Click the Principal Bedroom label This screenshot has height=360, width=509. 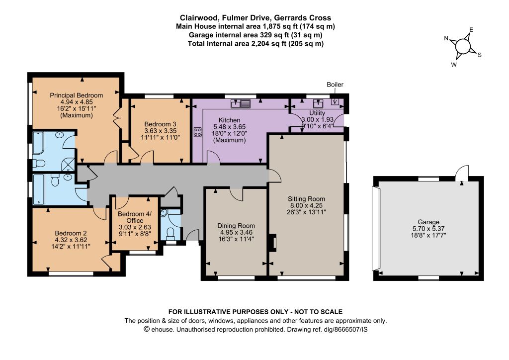pos(76,95)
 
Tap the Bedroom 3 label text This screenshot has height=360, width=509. pos(161,124)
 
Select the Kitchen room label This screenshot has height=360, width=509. pos(230,120)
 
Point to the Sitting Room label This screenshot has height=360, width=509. pos(306,199)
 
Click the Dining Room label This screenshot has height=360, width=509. pos(236,226)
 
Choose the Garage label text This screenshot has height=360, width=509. pos(428,222)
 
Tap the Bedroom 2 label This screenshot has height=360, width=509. pos(71,233)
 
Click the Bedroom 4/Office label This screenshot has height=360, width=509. pos(135,217)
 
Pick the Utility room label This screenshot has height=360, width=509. pos(317,113)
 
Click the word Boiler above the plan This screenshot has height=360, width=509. pos(335,85)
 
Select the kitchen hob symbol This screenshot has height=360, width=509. pos(197,131)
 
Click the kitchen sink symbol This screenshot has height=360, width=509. pos(241,103)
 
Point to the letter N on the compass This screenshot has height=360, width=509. pos(446,38)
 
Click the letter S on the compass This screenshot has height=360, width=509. pos(480,55)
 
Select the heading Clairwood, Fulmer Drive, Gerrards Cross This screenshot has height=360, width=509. pos(255,17)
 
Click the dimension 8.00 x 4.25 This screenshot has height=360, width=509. pos(306,205)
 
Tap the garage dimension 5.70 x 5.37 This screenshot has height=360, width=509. pos(428,229)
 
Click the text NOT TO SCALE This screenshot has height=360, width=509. pos(318,312)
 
